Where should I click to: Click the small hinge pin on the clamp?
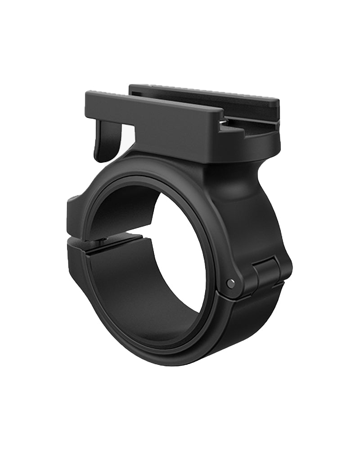tap(231, 283)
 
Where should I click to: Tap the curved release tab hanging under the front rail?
tap(104, 142)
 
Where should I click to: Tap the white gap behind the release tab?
tap(128, 137)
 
